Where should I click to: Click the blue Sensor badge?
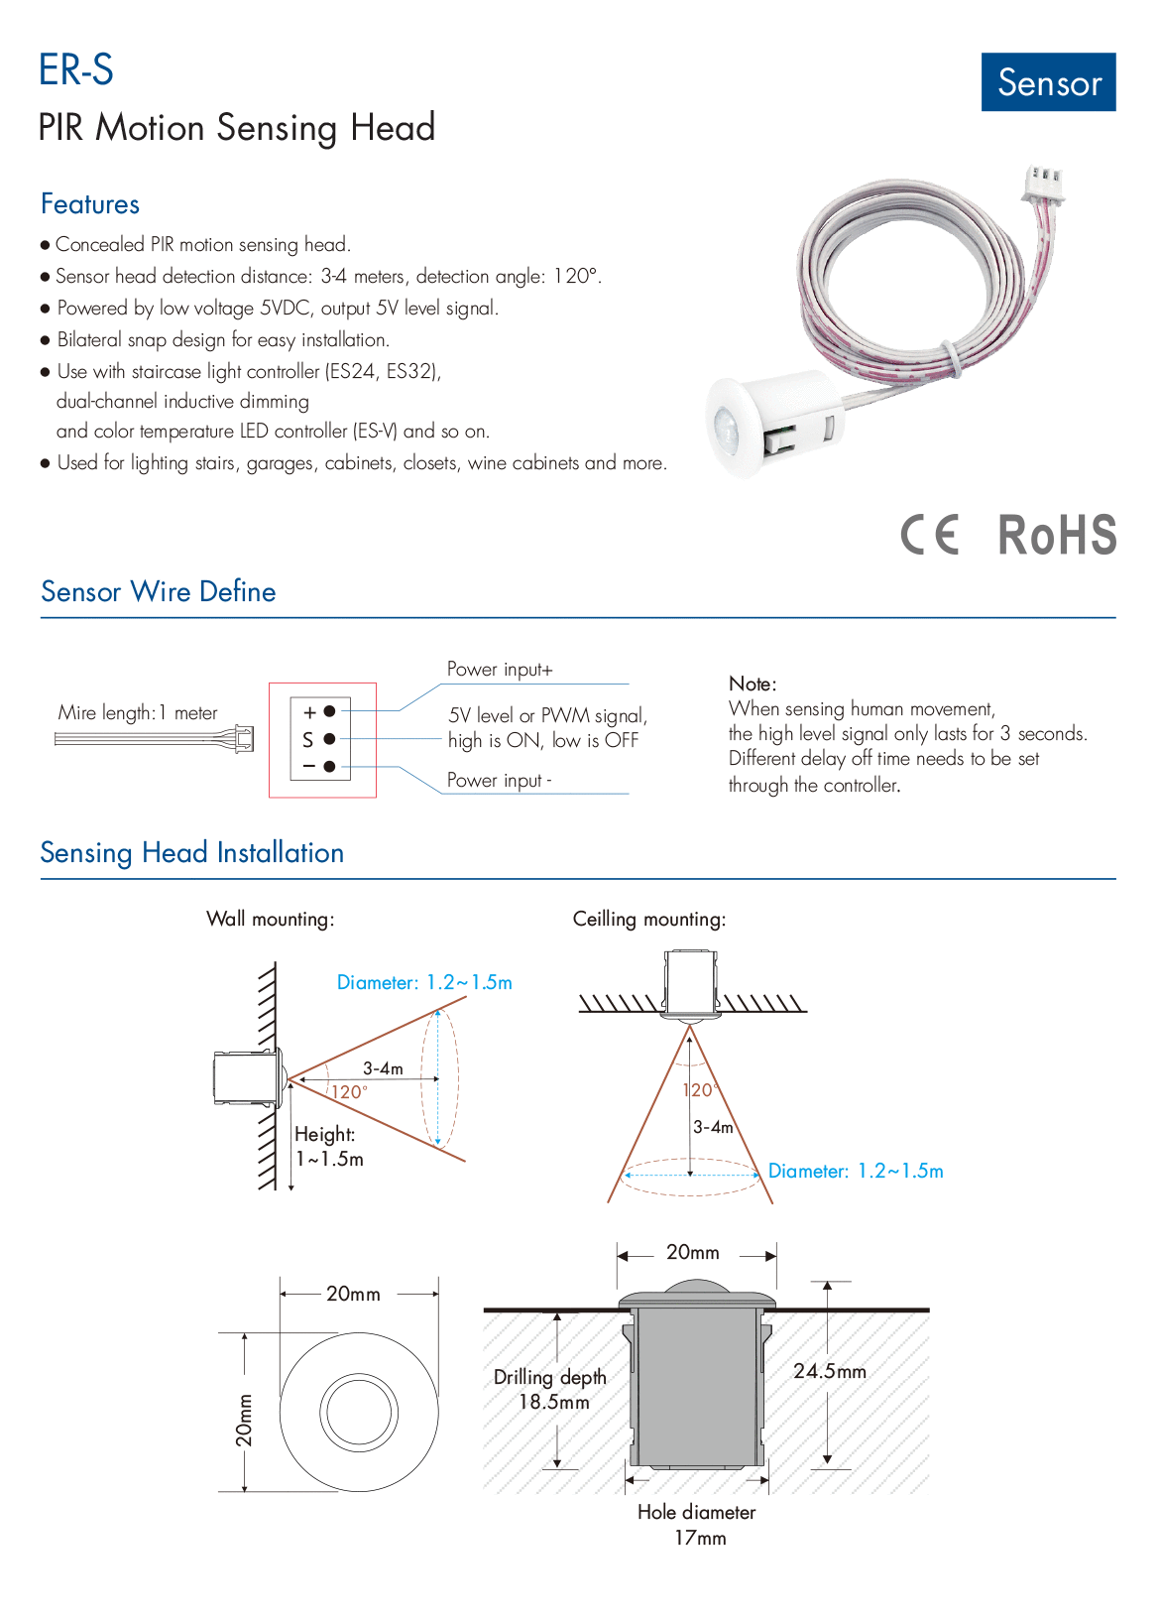pyautogui.click(x=1048, y=82)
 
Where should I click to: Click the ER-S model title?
pyautogui.click(x=76, y=70)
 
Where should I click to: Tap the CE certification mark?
pyautogui.click(x=930, y=535)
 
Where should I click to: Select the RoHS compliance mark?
pyautogui.click(x=1057, y=536)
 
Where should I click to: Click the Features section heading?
pyautogui.click(x=90, y=204)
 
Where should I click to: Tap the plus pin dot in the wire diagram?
pyautogui.click(x=329, y=711)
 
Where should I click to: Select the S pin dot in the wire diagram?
pyautogui.click(x=329, y=739)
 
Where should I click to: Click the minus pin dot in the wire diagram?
pyautogui.click(x=329, y=766)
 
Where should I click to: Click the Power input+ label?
pyautogui.click(x=500, y=670)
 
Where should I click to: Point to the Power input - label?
pyautogui.click(x=499, y=781)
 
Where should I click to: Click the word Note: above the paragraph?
pyautogui.click(x=753, y=684)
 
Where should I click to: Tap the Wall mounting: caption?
pyautogui.click(x=270, y=920)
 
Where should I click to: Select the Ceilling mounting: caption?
pyautogui.click(x=649, y=920)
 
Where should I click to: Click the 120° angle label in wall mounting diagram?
pyautogui.click(x=349, y=1092)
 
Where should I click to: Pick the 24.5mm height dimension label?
pyautogui.click(x=830, y=1371)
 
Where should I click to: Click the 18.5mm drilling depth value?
pyautogui.click(x=554, y=1402)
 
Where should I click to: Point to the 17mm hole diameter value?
pyautogui.click(x=700, y=1539)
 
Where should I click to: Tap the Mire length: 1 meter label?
pyautogui.click(x=138, y=713)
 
